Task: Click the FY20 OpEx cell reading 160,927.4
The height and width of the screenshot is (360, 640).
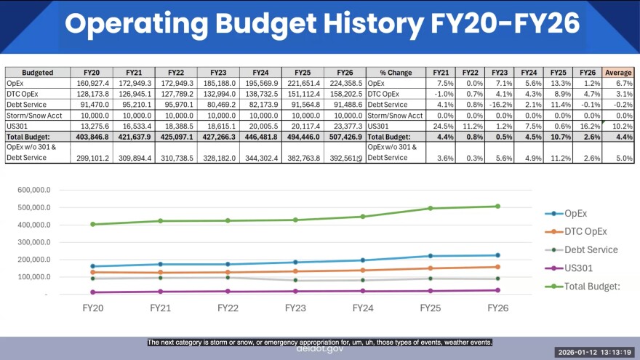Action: point(92,84)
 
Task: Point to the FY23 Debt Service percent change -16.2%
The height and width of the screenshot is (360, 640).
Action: point(500,104)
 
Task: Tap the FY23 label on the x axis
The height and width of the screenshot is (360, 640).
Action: point(295,308)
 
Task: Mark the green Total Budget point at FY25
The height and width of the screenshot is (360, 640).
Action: point(430,209)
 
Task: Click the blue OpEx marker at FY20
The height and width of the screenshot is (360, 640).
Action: point(92,266)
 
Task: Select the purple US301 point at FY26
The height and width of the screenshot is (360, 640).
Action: point(497,290)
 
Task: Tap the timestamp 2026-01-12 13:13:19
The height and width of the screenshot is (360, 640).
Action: point(593,352)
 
